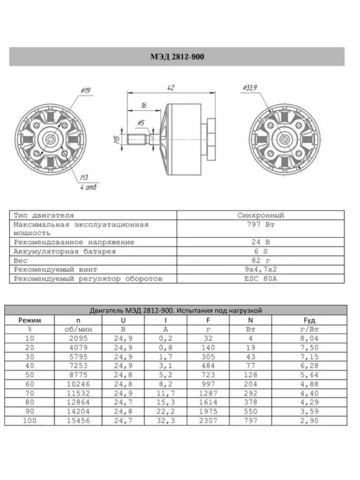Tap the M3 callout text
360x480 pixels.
(85, 178)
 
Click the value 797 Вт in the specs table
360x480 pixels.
(260, 227)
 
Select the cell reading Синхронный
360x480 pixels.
(260, 214)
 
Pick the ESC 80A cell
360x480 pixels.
(260, 278)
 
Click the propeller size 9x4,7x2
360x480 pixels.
(260, 270)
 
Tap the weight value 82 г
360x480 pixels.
(260, 261)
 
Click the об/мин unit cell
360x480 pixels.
(78, 329)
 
